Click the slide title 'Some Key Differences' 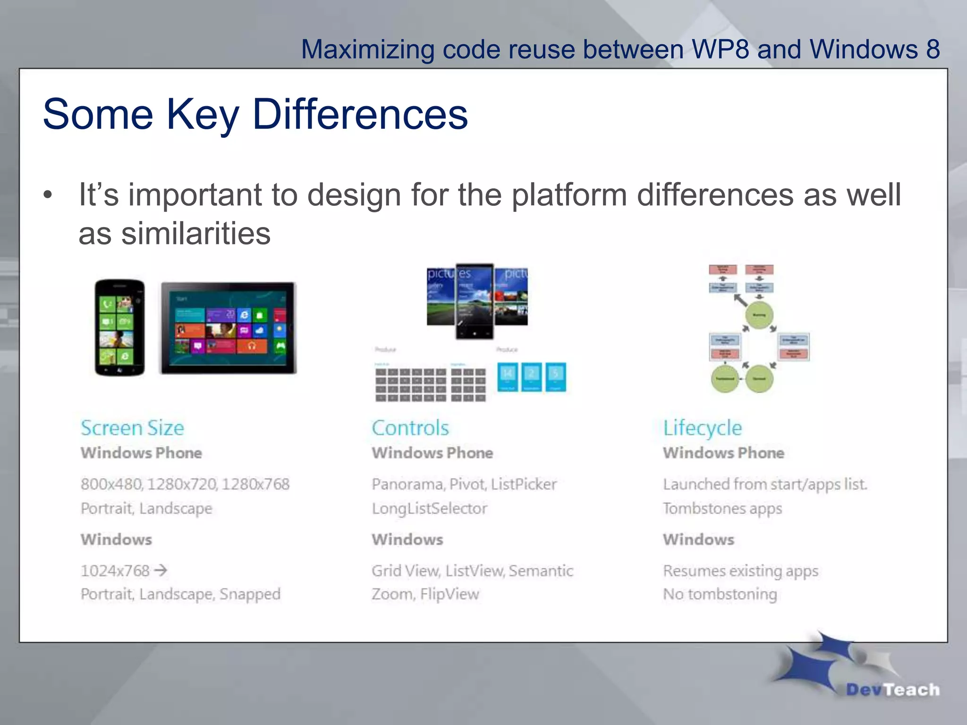point(255,114)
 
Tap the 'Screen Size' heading point(132,428)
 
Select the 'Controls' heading point(410,428)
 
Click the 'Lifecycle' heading point(702,428)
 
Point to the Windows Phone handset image point(119,328)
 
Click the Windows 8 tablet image point(229,328)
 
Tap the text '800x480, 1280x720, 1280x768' point(185,484)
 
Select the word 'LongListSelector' point(429,508)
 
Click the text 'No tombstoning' point(720,594)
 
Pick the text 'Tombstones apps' point(722,508)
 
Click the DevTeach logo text point(892,690)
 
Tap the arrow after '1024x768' point(161,571)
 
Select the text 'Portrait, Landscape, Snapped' point(180,594)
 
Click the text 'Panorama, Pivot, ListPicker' point(464,484)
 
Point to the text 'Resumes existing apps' point(740,571)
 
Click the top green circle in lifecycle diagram point(759,315)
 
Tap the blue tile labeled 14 point(508,376)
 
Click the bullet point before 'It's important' point(47,195)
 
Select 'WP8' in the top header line point(720,49)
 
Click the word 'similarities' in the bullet point(196,234)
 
